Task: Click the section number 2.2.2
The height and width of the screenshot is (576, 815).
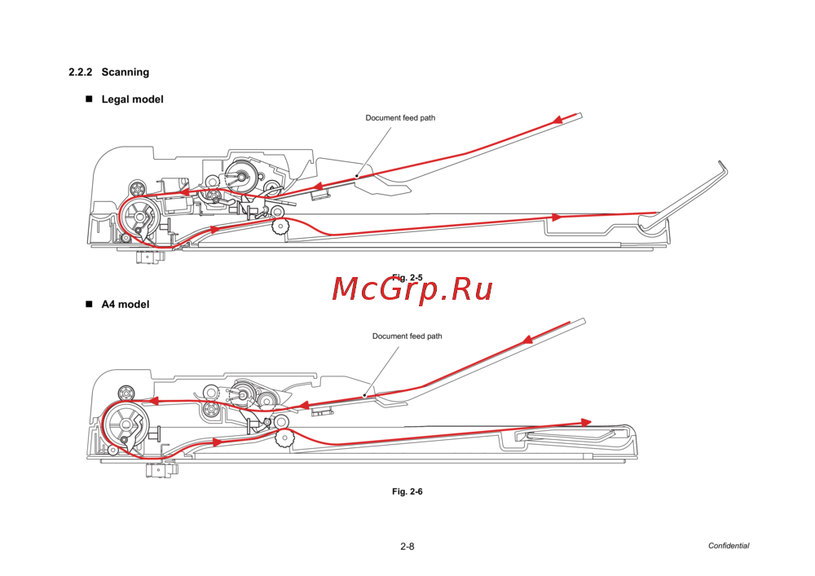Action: [x=81, y=73]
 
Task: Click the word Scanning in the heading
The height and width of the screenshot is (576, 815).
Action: [x=125, y=73]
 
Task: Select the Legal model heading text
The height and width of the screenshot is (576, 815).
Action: [x=132, y=99]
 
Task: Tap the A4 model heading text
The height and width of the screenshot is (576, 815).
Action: [x=125, y=305]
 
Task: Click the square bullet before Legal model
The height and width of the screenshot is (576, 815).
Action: [x=90, y=99]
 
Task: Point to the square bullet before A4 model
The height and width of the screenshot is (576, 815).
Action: [x=90, y=305]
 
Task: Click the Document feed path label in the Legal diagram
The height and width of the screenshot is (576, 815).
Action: [x=400, y=118]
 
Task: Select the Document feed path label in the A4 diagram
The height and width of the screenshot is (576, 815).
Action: [x=407, y=336]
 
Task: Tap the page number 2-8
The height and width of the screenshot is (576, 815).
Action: [x=407, y=547]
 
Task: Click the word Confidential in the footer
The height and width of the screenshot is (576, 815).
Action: [x=728, y=547]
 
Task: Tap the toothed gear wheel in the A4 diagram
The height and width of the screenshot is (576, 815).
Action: [x=284, y=439]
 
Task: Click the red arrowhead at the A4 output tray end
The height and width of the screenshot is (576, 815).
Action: [x=586, y=422]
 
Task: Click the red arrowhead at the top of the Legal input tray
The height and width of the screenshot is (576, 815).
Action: [x=558, y=121]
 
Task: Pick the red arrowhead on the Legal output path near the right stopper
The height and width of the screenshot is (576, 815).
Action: [x=557, y=218]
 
